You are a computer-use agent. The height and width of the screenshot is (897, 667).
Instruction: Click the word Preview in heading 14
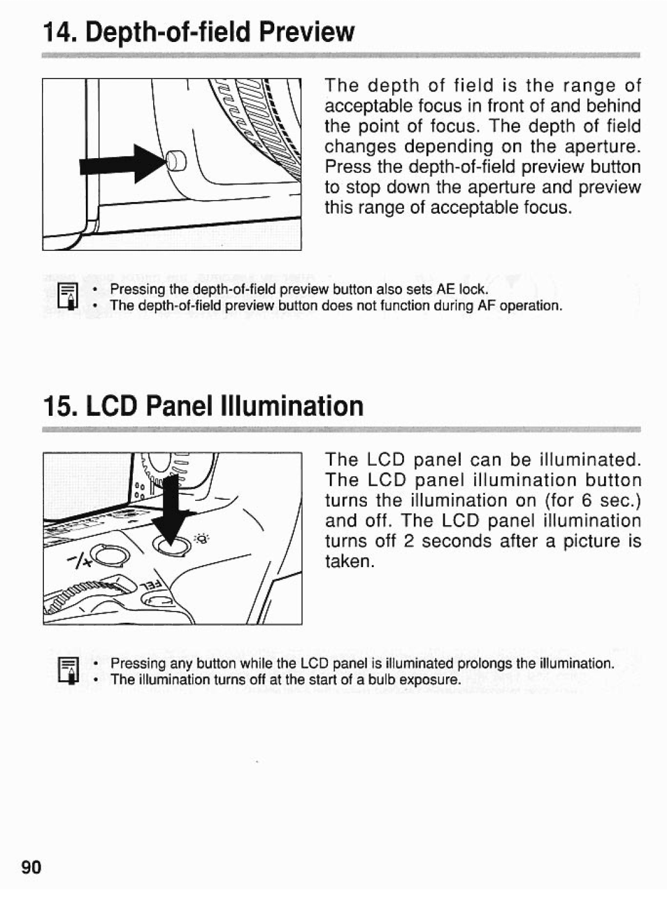coord(307,32)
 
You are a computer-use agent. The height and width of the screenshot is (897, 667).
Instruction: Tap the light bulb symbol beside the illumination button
coord(203,539)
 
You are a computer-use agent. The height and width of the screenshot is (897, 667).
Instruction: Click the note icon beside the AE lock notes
coord(67,297)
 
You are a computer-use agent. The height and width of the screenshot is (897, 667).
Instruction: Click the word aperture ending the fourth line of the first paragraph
coord(602,147)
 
